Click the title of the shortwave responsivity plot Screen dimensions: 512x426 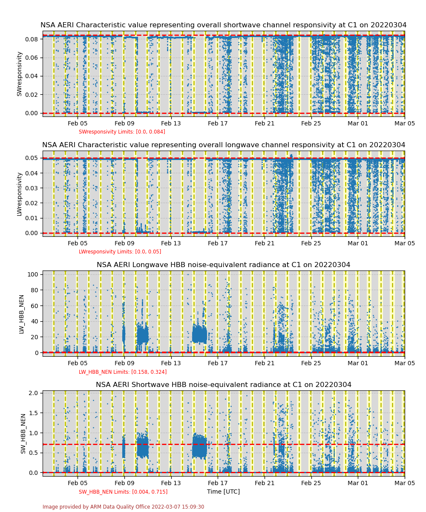223,25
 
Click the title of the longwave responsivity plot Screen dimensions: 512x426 223,145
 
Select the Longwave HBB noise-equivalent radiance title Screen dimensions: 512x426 223,265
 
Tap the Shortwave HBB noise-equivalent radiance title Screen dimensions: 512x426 223,385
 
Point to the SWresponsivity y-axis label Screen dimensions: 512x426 19,73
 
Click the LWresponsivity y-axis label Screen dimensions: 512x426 19,194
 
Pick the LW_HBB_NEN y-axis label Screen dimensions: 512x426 22,314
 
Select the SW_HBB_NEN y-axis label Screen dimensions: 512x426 23,433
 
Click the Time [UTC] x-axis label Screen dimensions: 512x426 223,492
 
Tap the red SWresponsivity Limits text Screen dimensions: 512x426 122,132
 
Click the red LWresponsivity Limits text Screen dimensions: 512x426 120,252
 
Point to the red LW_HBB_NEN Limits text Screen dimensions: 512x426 123,372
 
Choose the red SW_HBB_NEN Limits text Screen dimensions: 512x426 123,492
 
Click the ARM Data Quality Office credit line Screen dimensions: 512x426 123,507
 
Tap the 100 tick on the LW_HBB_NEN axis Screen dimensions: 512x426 33,274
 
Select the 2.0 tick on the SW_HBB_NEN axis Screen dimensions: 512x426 34,393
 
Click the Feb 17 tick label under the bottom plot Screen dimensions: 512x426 218,483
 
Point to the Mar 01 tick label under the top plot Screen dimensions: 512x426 358,123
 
